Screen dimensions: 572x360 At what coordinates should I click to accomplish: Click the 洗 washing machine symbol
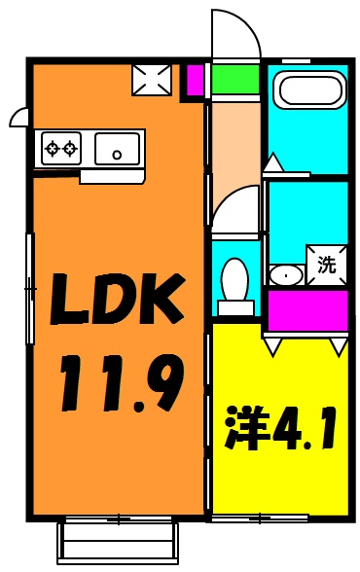point(327,264)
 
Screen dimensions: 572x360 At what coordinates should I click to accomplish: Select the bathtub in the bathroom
point(310,89)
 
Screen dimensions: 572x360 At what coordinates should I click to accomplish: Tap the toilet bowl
point(235,279)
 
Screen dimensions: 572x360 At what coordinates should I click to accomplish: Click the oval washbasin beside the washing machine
point(286,274)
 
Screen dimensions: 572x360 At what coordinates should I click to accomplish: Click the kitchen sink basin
point(118,150)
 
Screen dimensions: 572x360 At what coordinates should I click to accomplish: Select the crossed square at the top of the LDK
point(152,80)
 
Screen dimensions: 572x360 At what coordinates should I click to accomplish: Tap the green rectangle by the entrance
point(235,79)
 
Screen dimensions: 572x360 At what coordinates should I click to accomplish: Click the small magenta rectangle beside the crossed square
point(195,80)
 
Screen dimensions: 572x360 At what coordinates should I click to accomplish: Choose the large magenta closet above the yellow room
point(307,310)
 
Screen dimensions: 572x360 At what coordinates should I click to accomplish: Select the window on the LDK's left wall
point(30,288)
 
